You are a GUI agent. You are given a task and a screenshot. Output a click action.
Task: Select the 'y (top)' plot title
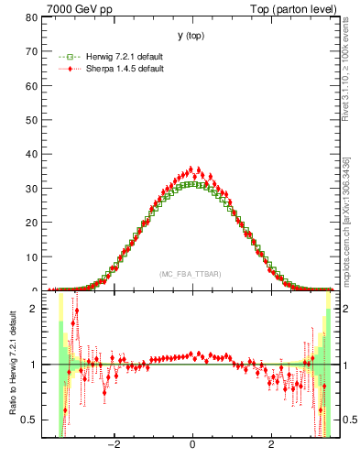tap(191, 36)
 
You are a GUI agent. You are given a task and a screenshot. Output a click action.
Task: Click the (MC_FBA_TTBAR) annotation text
tap(191, 275)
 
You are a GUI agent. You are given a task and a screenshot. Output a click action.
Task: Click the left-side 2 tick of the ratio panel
tap(34, 309)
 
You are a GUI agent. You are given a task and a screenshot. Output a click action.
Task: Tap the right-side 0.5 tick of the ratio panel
tap(348, 420)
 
